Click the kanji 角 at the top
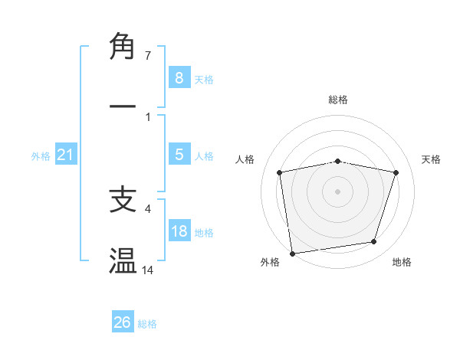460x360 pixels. tap(123, 47)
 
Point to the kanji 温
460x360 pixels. tap(123, 260)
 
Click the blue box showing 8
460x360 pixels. tap(179, 77)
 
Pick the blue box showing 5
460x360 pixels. tap(179, 155)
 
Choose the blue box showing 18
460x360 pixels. tap(179, 231)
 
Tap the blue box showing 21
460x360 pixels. tap(65, 155)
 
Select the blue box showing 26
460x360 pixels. tap(123, 322)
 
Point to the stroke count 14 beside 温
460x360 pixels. tap(148, 270)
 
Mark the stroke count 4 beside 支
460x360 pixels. tap(147, 207)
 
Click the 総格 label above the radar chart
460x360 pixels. tap(338, 100)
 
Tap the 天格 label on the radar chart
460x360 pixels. tap(432, 159)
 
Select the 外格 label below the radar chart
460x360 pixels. tap(270, 263)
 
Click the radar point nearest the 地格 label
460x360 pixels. tap(374, 242)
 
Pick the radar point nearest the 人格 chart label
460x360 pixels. tap(280, 172)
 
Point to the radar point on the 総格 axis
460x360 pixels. tap(338, 162)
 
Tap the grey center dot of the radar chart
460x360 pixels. tap(338, 191)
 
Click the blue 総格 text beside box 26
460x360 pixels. tap(147, 324)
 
